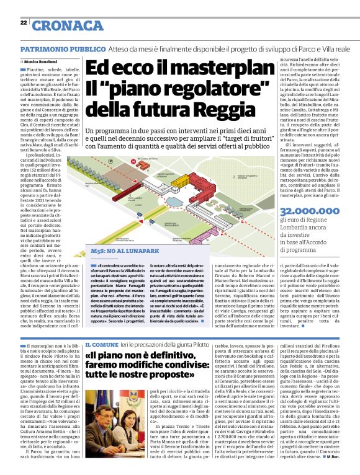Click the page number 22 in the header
pyautogui.click(x=23, y=22)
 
